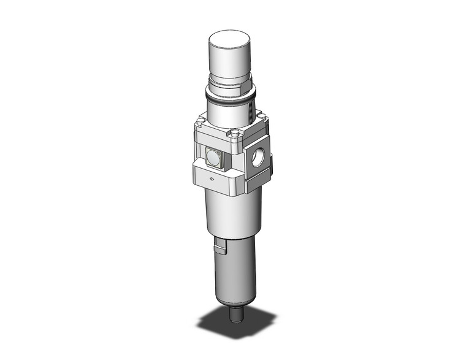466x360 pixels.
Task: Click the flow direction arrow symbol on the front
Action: [212, 179]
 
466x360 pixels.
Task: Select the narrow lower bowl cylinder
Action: [233, 270]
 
